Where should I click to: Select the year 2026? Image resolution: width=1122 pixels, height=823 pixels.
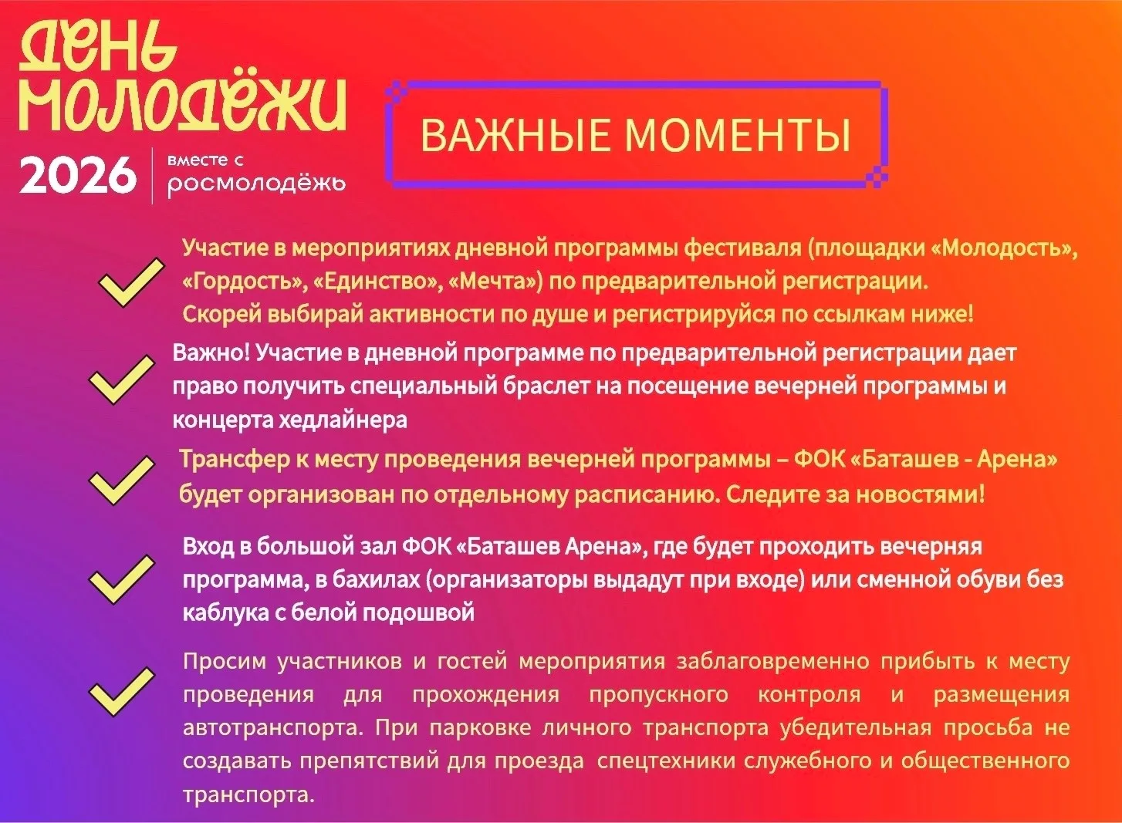(78, 175)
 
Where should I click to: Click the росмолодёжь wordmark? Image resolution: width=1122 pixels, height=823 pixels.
(256, 184)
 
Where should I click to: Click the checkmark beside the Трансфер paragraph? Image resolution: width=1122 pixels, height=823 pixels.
(122, 480)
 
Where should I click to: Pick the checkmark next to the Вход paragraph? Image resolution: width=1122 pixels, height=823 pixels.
(122, 579)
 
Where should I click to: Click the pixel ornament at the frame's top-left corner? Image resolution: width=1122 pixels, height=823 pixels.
(398, 93)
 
